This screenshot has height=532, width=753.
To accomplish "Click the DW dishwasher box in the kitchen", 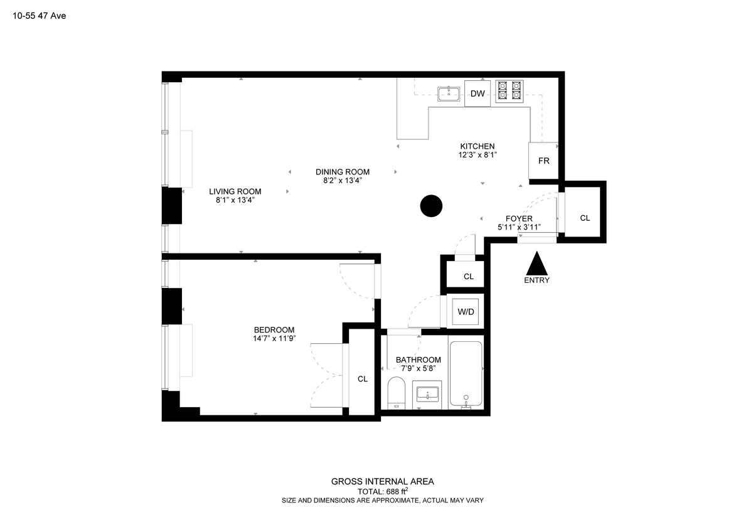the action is (478, 93).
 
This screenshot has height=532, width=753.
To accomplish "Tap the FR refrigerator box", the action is (543, 161).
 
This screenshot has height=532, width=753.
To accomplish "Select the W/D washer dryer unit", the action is (466, 312).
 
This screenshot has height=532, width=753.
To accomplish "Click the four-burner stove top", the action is (510, 91).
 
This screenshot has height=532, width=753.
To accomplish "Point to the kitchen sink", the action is (449, 93).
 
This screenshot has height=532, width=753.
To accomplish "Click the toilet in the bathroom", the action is (397, 393).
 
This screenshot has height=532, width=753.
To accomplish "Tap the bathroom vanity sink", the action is (427, 395).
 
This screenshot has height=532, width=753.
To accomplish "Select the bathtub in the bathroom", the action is (466, 375).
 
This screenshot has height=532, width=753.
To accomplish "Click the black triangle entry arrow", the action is (537, 263).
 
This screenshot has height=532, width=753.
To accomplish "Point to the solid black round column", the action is (431, 206).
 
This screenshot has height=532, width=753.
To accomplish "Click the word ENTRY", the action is (537, 280).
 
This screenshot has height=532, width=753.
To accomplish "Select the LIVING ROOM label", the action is (235, 191).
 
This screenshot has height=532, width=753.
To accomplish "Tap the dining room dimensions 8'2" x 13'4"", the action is (343, 181).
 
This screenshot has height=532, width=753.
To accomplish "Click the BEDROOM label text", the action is (274, 330).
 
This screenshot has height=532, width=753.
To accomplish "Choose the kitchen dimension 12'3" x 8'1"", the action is (478, 155).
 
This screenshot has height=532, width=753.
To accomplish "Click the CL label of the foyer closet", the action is (585, 218).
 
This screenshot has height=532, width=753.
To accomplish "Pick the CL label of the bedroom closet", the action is (363, 379).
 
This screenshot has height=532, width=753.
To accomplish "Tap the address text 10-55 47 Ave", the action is (40, 16).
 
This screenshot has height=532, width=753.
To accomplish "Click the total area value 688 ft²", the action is (397, 491).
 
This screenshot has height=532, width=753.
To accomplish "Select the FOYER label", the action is (519, 219).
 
